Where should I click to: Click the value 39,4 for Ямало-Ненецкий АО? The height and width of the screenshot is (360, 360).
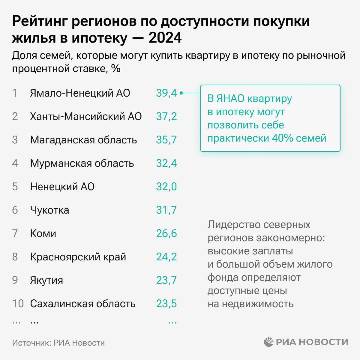pyautogui.click(x=166, y=93)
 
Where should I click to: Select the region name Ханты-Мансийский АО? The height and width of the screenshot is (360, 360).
pyautogui.click(x=86, y=116)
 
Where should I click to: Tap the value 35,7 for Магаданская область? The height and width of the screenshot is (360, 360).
pyautogui.click(x=166, y=140)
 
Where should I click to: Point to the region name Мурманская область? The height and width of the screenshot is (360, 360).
pyautogui.click(x=82, y=163)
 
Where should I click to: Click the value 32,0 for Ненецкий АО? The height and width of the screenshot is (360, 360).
pyautogui.click(x=166, y=187)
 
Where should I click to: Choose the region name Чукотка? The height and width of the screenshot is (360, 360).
pyautogui.click(x=49, y=210)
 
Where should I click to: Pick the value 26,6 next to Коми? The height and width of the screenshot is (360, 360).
pyautogui.click(x=166, y=234)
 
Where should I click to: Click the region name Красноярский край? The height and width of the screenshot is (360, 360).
pyautogui.click(x=78, y=257)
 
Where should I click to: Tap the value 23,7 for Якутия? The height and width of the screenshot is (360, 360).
pyautogui.click(x=166, y=280)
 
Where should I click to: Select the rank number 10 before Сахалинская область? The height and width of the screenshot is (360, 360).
pyautogui.click(x=18, y=304)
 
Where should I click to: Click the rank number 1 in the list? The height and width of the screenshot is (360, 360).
pyautogui.click(x=15, y=93)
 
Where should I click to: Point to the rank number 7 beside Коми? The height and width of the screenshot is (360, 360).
pyautogui.click(x=15, y=234)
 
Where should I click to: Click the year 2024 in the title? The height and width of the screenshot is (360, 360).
pyautogui.click(x=165, y=38)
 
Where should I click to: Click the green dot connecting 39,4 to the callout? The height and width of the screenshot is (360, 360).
pyautogui.click(x=181, y=93)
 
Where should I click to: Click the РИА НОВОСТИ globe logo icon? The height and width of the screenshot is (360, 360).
pyautogui.click(x=269, y=342)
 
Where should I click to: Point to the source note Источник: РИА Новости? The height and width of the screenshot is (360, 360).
pyautogui.click(x=58, y=343)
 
